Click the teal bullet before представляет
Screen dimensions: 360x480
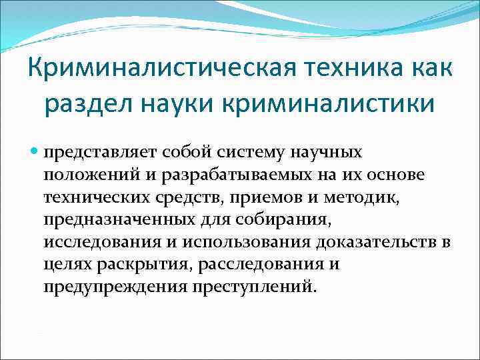click(x=35, y=153)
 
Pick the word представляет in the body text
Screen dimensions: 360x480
click(x=90, y=153)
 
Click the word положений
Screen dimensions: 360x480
click(x=83, y=175)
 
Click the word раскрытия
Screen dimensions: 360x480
click(x=145, y=265)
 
